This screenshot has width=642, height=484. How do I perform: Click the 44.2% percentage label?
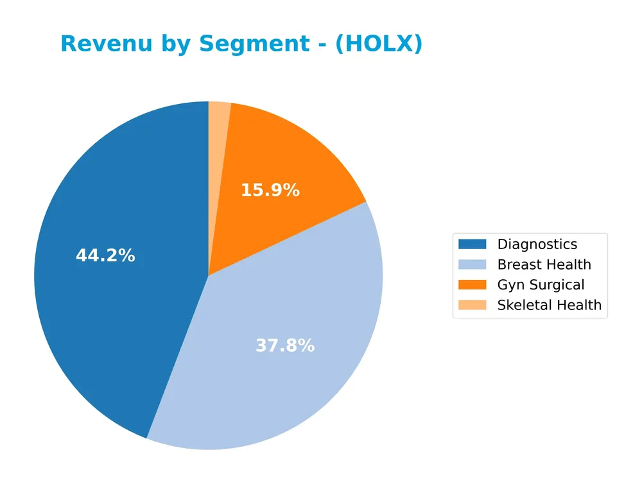pos(105,255)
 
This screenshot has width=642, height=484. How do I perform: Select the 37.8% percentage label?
pos(285,345)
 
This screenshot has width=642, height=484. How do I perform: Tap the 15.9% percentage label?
pos(270,190)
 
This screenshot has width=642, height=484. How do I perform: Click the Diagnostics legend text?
pos(537,244)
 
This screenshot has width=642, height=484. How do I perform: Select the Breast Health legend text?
pos(544,264)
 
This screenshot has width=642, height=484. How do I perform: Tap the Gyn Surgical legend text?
pos(541,285)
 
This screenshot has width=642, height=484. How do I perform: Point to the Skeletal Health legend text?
pos(549,305)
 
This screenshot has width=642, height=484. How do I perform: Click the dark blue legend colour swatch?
pos(473,244)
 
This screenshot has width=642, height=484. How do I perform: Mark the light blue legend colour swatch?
pos(473,264)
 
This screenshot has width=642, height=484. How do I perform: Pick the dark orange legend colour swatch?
pos(473,284)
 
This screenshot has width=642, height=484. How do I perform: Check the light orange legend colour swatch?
pos(473,305)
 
